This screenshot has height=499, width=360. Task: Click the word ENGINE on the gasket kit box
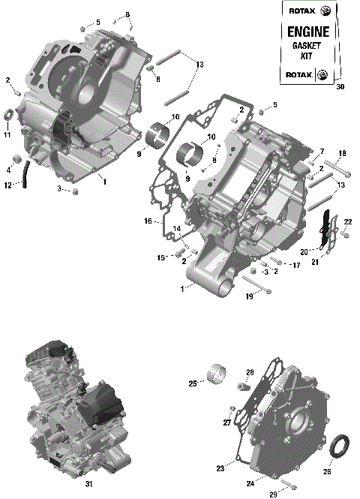pyautogui.click(x=307, y=32)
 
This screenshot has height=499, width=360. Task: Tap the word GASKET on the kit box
pyautogui.click(x=307, y=47)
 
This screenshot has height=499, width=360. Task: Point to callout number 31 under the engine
pyautogui.click(x=88, y=484)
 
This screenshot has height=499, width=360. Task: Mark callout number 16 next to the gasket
pyautogui.click(x=148, y=221)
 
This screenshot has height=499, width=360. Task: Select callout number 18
pyautogui.click(x=341, y=154)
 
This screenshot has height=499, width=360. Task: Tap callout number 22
pyautogui.click(x=348, y=221)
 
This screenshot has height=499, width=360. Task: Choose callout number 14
pyautogui.click(x=177, y=228)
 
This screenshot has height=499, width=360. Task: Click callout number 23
pyautogui.click(x=220, y=468)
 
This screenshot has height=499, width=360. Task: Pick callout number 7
pyautogui.click(x=322, y=152)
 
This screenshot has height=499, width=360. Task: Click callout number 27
pyautogui.click(x=226, y=422)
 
